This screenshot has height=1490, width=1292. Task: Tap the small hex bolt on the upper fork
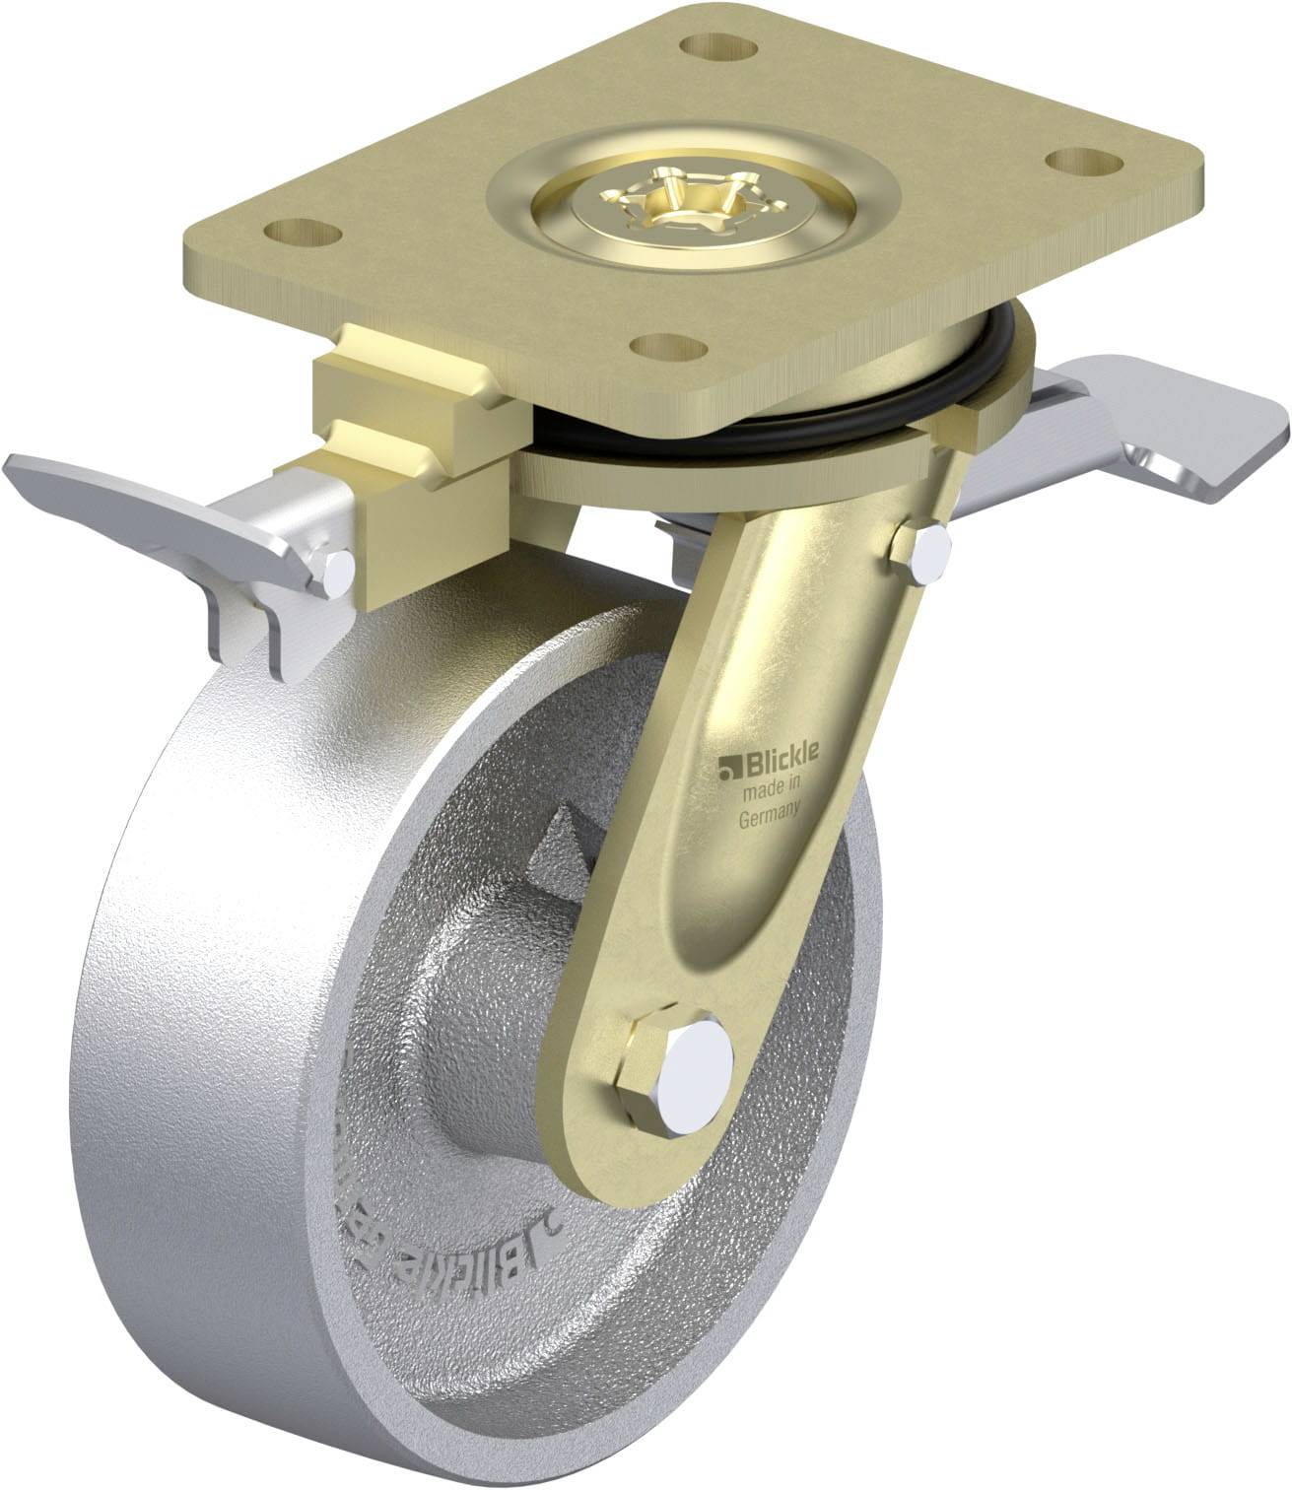click(x=922, y=556)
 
